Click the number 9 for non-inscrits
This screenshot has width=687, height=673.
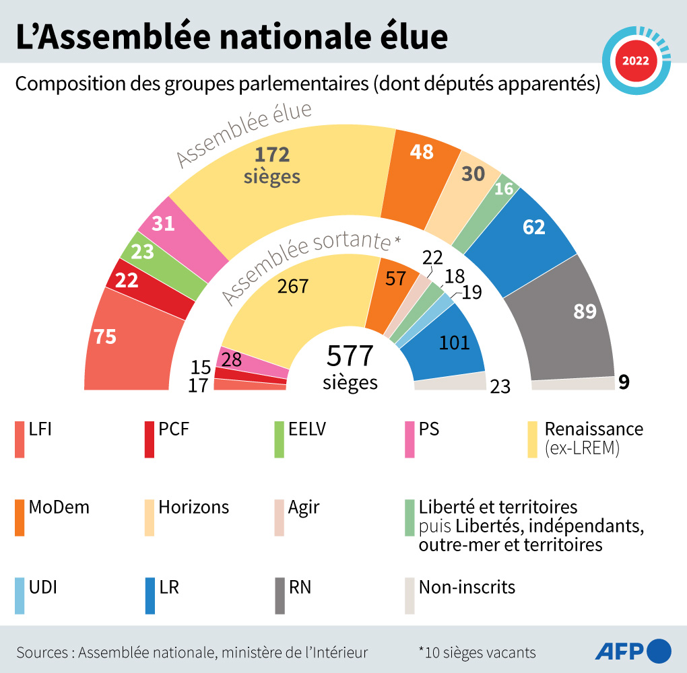[x=624, y=382]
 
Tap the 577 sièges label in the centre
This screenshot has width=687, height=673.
[x=350, y=367]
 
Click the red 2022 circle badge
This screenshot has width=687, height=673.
[x=635, y=60]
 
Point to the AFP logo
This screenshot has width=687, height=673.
[x=633, y=651]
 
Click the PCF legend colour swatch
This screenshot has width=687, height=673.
[x=150, y=439]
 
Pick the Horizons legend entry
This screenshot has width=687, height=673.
[x=194, y=507]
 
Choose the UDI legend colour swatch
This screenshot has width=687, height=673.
[x=19, y=596]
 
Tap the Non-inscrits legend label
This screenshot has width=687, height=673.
[x=467, y=587]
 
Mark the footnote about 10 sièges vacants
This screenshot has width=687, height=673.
[x=477, y=652]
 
